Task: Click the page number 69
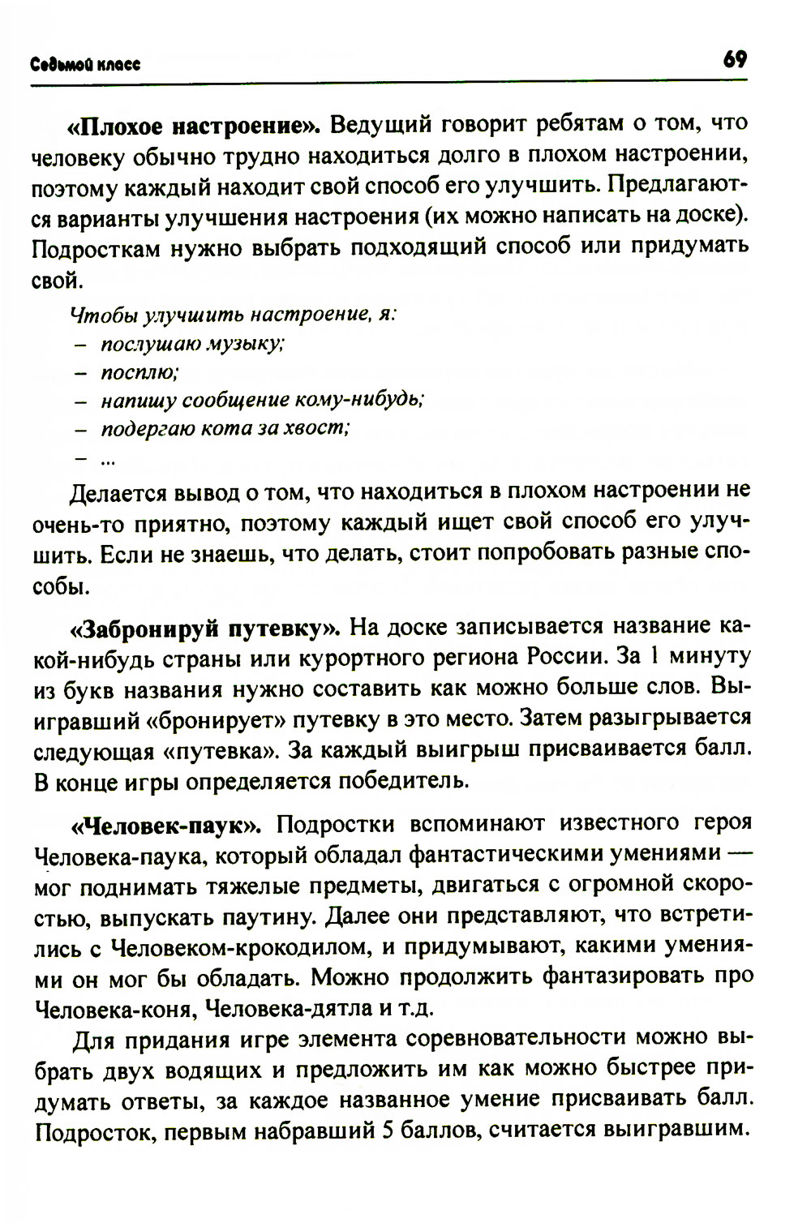pos(736,60)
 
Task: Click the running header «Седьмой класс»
pos(86,66)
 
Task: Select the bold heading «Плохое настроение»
pos(195,127)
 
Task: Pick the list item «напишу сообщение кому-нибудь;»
pos(262,401)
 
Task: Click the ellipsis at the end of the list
pos(108,460)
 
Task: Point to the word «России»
pos(564,655)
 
